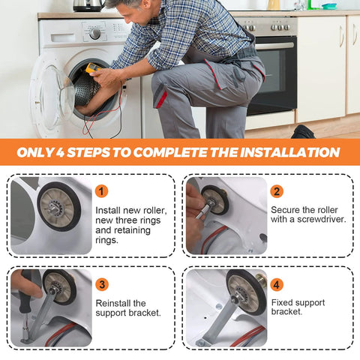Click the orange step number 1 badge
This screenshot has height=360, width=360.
[x=102, y=191]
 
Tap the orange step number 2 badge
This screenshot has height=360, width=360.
[x=277, y=191]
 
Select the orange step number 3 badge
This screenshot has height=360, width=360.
[x=102, y=284]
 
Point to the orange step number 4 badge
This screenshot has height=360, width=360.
[x=277, y=284]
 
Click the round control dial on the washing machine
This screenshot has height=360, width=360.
[x=95, y=34]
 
